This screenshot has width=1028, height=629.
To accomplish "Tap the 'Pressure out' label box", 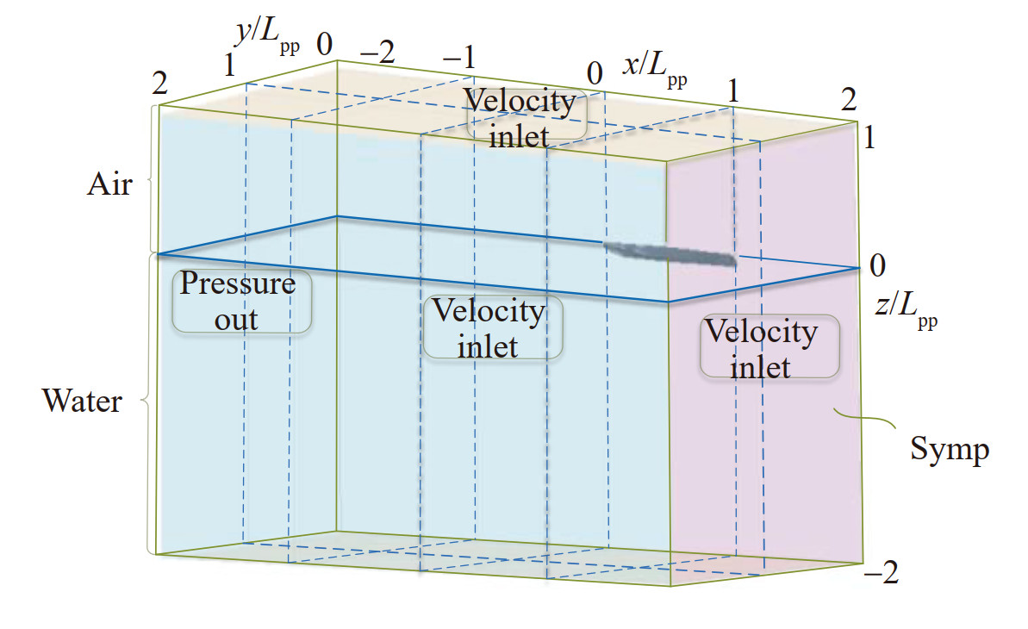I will click(x=241, y=302).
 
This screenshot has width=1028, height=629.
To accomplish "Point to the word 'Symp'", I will click(x=949, y=448).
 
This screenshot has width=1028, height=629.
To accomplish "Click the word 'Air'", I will click(x=109, y=184).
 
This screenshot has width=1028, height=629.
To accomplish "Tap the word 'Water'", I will click(x=83, y=401).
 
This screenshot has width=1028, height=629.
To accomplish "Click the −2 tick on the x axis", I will click(x=376, y=54).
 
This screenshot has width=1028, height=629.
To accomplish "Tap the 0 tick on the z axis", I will click(x=877, y=265).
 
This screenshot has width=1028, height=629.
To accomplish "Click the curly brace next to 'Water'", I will click(x=146, y=402).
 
